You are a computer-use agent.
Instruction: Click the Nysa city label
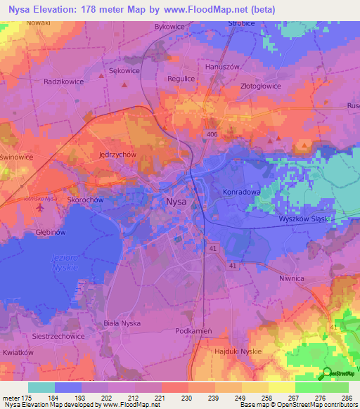(176, 202)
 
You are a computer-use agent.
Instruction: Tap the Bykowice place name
(169, 26)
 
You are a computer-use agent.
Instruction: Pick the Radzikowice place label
(63, 82)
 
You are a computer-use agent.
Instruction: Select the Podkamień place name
(191, 330)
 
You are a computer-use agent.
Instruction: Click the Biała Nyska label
(122, 323)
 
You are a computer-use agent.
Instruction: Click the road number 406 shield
(212, 134)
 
